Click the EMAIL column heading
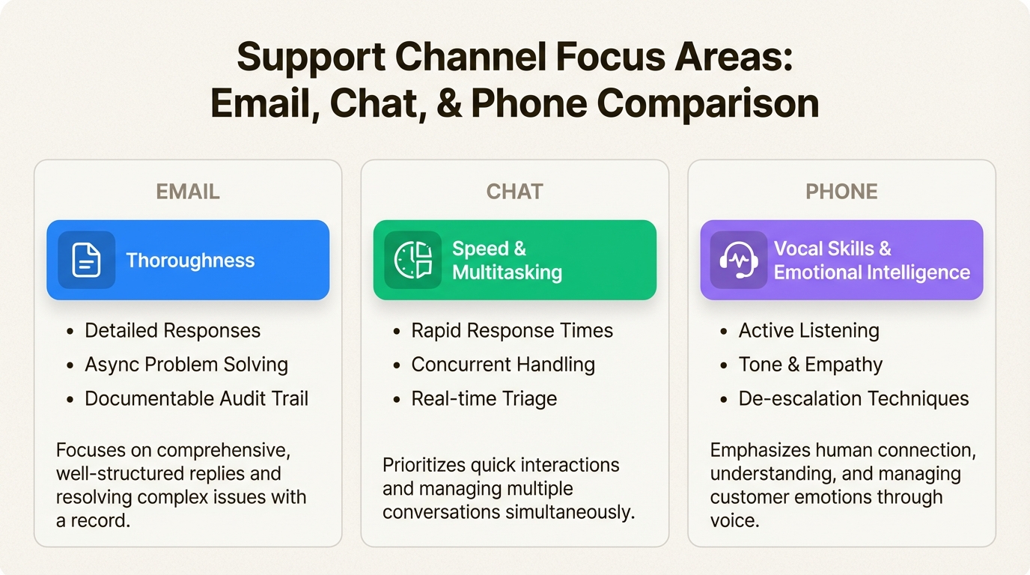(188, 192)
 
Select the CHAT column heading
(514, 192)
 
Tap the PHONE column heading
(841, 192)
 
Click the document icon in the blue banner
(86, 260)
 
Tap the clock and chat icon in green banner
(413, 260)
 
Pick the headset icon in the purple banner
(739, 260)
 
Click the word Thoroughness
(190, 261)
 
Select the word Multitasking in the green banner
(507, 273)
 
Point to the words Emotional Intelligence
(872, 273)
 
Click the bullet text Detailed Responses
(172, 330)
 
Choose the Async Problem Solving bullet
(186, 365)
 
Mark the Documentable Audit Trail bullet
(196, 398)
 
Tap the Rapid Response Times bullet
(512, 330)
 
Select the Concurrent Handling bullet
(503, 365)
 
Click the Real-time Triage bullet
(484, 398)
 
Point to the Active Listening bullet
(809, 330)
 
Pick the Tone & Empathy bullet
(810, 365)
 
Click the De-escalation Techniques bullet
(853, 398)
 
